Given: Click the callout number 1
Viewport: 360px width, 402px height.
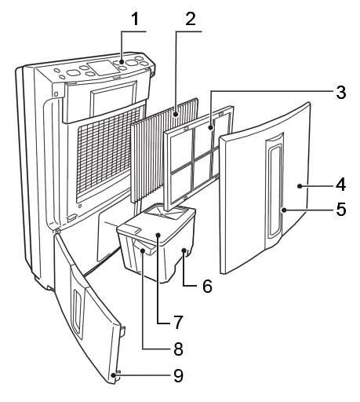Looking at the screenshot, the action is pyautogui.click(x=135, y=19).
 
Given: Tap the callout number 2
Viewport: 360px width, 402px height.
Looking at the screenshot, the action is pyautogui.click(x=190, y=19).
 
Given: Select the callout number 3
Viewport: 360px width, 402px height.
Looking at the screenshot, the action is pyautogui.click(x=341, y=92).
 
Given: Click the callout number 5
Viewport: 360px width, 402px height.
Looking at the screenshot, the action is pyautogui.click(x=341, y=210).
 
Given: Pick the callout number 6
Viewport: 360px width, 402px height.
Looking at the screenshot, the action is pyautogui.click(x=207, y=287).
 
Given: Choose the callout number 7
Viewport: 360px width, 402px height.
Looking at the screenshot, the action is pyautogui.click(x=178, y=323).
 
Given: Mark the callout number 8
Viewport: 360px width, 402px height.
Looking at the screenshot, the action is pyautogui.click(x=178, y=349).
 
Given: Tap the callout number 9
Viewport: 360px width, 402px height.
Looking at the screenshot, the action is pyautogui.click(x=178, y=375).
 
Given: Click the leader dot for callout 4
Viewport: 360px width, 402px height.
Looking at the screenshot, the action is pyautogui.click(x=300, y=186).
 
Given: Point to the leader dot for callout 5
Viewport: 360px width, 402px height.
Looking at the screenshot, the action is pyautogui.click(x=284, y=210).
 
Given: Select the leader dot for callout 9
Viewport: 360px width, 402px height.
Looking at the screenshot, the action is pyautogui.click(x=113, y=375).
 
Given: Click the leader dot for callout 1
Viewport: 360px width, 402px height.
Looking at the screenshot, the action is pyautogui.click(x=122, y=62).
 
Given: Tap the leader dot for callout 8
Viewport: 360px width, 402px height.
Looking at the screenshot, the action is pyautogui.click(x=143, y=251).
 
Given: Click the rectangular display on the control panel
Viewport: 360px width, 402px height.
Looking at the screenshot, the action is pyautogui.click(x=101, y=68).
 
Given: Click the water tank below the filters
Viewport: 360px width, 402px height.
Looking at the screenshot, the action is pyautogui.click(x=157, y=242).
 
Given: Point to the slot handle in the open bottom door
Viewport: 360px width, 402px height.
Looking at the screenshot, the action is pyautogui.click(x=78, y=311).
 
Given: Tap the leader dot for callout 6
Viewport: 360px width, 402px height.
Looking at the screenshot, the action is pyautogui.click(x=184, y=250).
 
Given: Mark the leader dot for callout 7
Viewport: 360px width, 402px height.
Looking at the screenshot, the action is pyautogui.click(x=158, y=236).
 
